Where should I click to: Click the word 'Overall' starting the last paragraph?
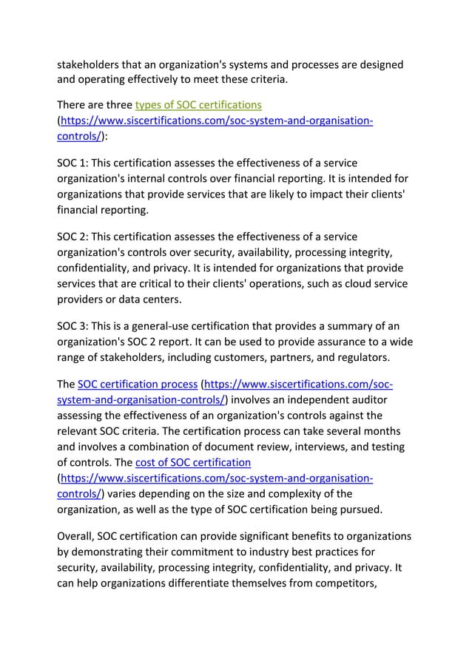[78, 535]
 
